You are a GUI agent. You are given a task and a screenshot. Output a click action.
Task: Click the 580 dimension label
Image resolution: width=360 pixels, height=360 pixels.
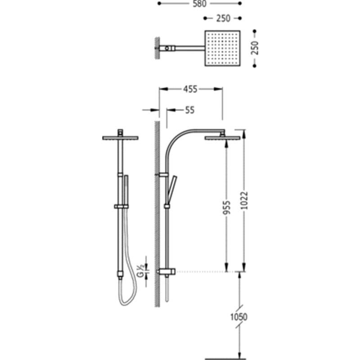(x=199, y=4)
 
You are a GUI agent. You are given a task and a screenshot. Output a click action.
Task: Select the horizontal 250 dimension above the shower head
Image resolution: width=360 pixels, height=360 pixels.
(x=223, y=18)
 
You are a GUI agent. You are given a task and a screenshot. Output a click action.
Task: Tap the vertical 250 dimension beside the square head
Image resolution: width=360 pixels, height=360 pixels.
(x=255, y=48)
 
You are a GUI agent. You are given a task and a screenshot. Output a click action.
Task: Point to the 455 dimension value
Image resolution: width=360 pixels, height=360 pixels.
(x=190, y=89)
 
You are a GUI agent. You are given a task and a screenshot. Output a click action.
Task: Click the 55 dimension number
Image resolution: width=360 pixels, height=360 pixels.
(x=189, y=110)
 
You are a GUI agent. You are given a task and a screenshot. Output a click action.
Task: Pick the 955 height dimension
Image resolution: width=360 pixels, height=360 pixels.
(x=227, y=208)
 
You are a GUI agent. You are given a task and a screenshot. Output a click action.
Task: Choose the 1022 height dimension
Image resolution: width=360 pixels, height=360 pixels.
(x=245, y=200)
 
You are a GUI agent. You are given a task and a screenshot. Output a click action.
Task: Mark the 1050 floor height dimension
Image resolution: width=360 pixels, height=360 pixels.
(x=239, y=317)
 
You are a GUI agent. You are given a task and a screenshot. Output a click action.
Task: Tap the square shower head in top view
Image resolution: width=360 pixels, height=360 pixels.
(x=222, y=48)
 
